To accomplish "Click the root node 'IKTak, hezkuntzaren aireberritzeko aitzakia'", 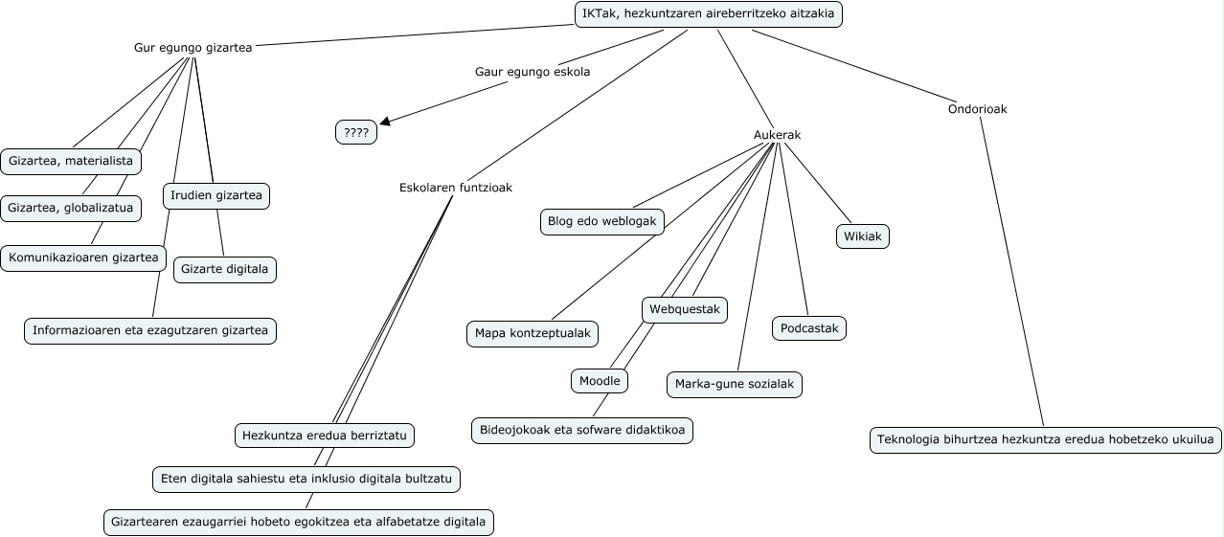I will [x=708, y=14].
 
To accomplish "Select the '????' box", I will [x=356, y=133].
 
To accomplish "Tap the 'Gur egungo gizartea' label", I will [x=193, y=47].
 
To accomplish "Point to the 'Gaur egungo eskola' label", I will [x=533, y=72].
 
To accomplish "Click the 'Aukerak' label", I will [x=777, y=135].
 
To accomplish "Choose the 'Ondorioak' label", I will [x=977, y=109].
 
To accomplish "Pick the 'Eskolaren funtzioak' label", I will [x=456, y=188].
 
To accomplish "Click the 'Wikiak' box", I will [x=863, y=236].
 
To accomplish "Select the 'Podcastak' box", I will [x=809, y=328].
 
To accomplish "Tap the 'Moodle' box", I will [x=601, y=381].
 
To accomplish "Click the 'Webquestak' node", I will [x=685, y=309].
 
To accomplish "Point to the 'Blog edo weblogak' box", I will [x=601, y=221].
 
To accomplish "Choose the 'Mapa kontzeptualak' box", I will [x=533, y=333].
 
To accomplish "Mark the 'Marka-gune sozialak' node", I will [x=735, y=385].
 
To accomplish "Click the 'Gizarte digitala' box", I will [x=225, y=270].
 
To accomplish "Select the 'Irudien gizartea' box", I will [x=216, y=196].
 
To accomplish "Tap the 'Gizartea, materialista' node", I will [x=71, y=162].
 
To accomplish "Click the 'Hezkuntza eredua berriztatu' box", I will [x=325, y=436].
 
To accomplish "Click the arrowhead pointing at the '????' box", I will [x=385, y=121].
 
